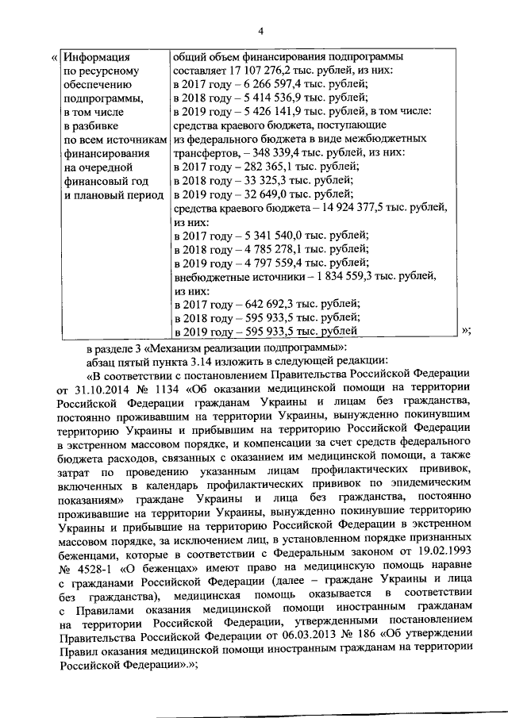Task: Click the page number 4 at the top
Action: coord(260,31)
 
